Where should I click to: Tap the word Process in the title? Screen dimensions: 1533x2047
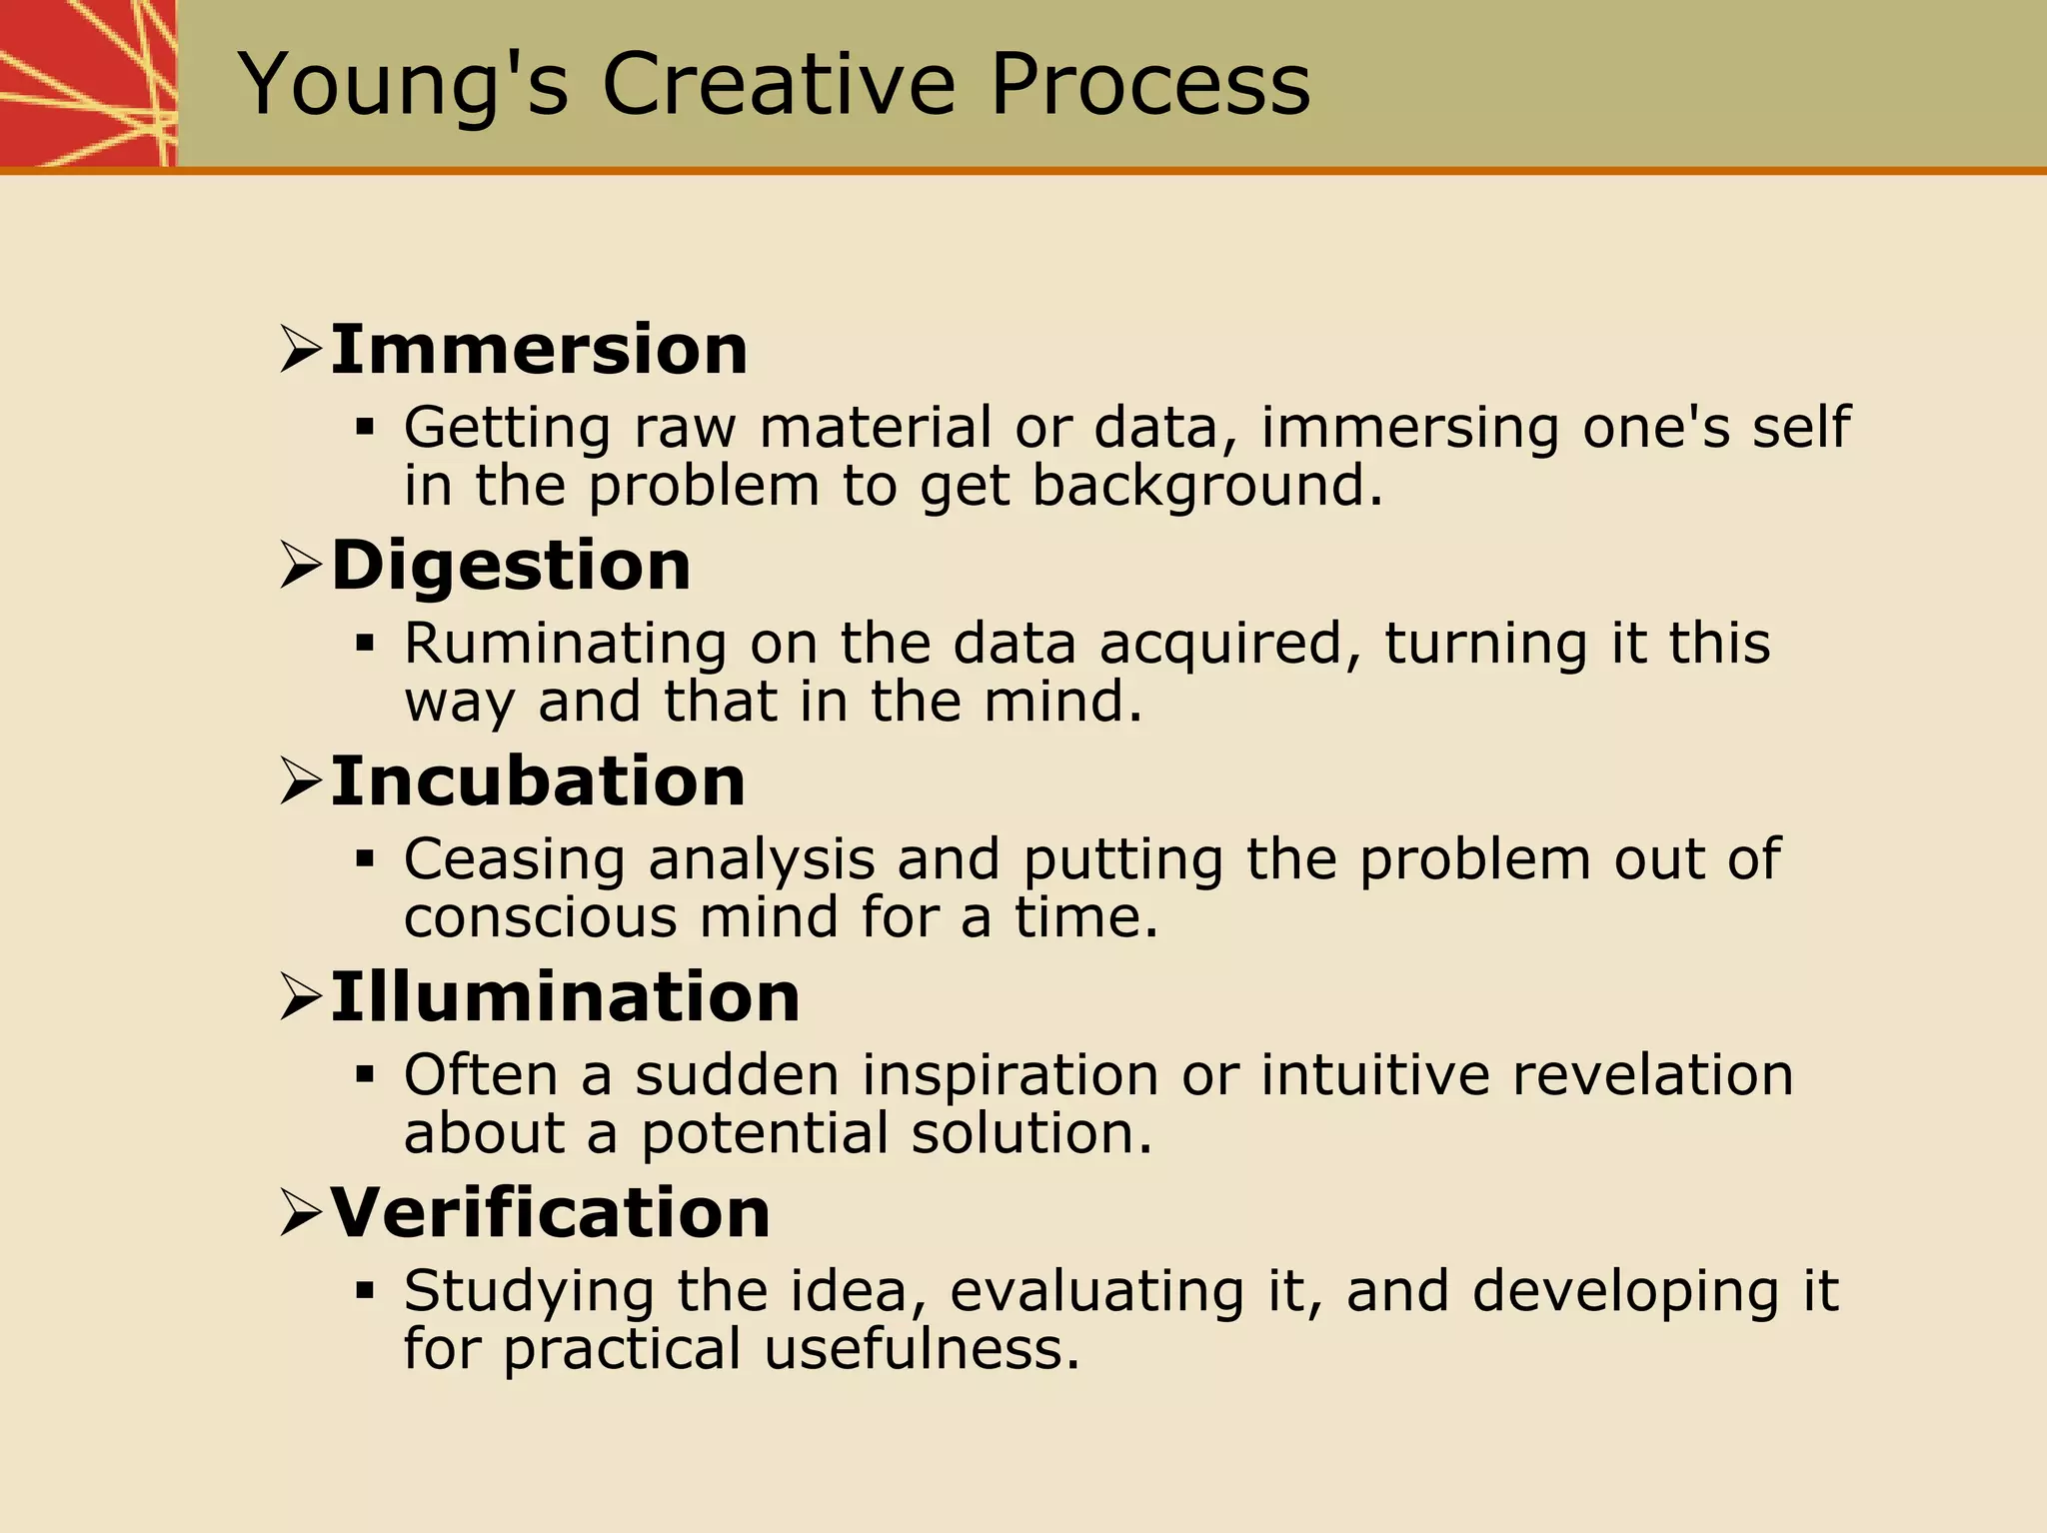coord(1149,86)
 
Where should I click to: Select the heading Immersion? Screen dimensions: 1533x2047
coord(539,351)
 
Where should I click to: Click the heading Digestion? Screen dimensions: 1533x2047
coord(511,566)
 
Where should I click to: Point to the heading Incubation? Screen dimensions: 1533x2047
coord(538,781)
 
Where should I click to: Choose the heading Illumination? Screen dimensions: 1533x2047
coord(565,997)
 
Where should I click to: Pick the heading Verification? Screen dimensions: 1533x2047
coord(550,1213)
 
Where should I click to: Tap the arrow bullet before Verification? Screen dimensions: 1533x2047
coord(300,1213)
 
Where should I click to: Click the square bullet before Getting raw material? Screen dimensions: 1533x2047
coord(365,429)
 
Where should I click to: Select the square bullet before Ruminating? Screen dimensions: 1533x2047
coord(365,644)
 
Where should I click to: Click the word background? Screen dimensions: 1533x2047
coord(1206,487)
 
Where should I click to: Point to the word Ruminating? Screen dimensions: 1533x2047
coord(565,644)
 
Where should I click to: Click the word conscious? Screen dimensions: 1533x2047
coord(540,917)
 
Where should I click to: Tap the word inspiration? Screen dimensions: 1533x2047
coord(1010,1075)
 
